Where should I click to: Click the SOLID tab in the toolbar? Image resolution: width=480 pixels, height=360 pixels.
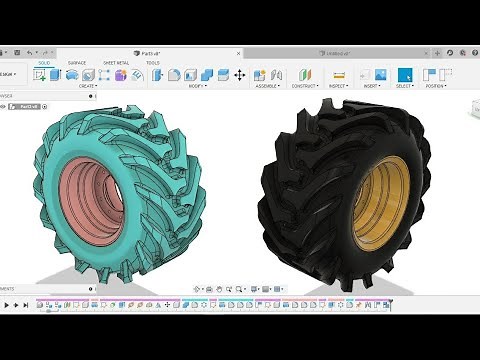pyautogui.click(x=45, y=62)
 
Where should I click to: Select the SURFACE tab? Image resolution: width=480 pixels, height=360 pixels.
pyautogui.click(x=77, y=62)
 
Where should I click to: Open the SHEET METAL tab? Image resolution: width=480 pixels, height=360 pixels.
pyautogui.click(x=116, y=62)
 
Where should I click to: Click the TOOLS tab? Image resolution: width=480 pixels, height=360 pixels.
pyautogui.click(x=153, y=62)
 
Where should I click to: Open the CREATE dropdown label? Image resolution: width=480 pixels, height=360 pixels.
pyautogui.click(x=88, y=86)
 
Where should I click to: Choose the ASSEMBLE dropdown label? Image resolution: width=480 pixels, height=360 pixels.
pyautogui.click(x=266, y=86)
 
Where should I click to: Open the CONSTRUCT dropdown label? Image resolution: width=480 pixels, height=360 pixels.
pyautogui.click(x=305, y=86)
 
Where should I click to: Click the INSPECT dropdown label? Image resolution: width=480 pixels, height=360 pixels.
pyautogui.click(x=338, y=86)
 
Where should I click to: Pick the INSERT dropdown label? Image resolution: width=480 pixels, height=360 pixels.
pyautogui.click(x=371, y=86)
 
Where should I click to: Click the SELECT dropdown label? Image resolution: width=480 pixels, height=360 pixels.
pyautogui.click(x=404, y=86)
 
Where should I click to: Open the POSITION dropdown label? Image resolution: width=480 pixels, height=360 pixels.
pyautogui.click(x=435, y=86)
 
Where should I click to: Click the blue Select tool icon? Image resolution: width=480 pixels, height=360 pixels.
pyautogui.click(x=405, y=74)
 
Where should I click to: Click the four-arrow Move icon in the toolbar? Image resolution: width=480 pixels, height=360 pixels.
pyautogui.click(x=240, y=75)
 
